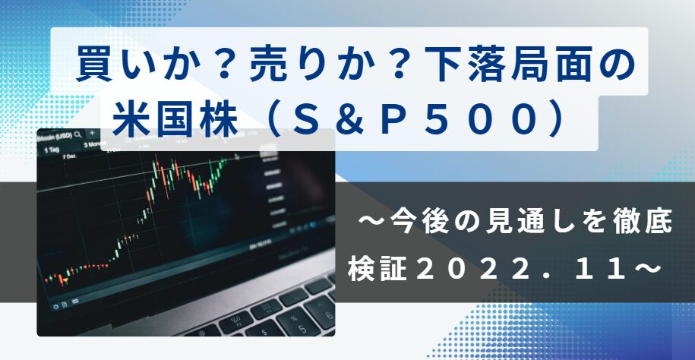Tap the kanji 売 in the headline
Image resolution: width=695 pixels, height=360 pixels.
click(x=267, y=65)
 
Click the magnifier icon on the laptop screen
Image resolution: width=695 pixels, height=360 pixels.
click(x=78, y=134)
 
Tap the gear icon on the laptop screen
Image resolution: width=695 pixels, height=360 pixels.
click(x=56, y=306)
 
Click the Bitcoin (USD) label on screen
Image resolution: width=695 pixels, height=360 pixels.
click(x=55, y=136)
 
